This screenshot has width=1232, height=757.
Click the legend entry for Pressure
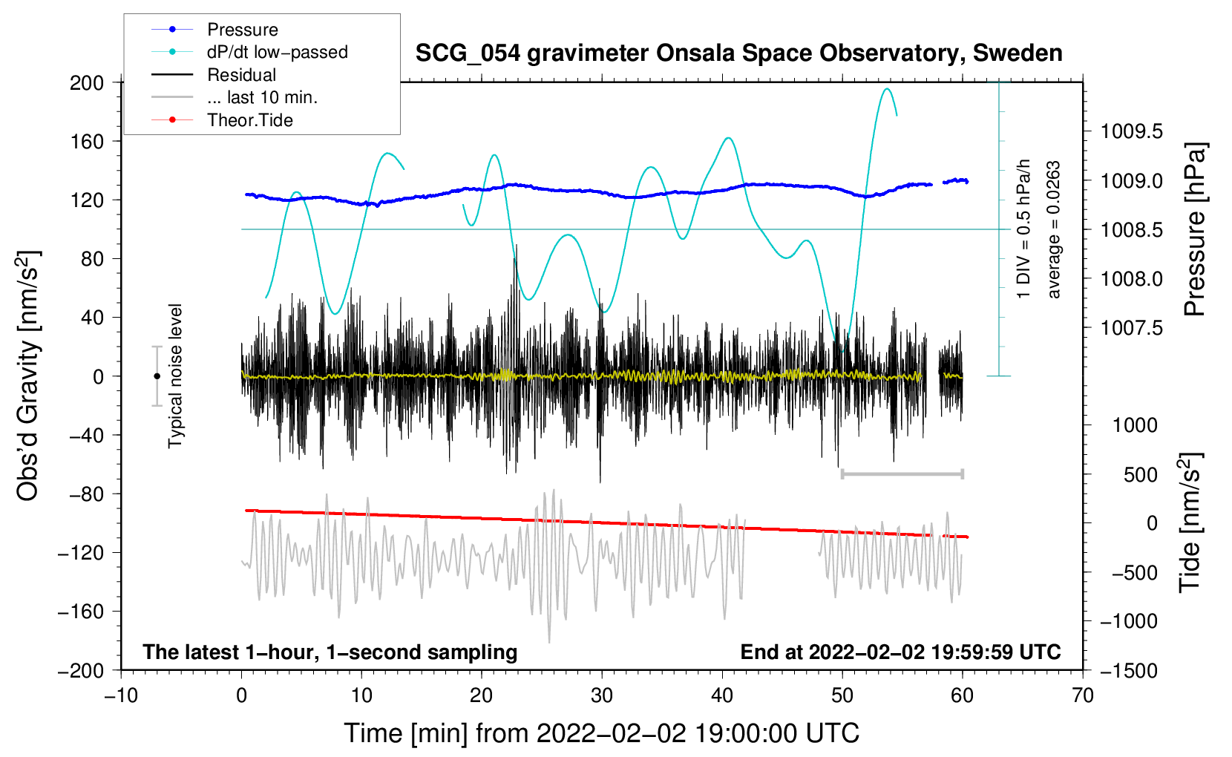click(x=214, y=29)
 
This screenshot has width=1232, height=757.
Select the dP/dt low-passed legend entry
click(x=249, y=52)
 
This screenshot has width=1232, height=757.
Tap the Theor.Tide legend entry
click(x=222, y=120)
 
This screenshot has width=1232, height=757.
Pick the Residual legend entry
click(x=214, y=75)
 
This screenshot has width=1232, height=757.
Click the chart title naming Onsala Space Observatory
click(x=738, y=53)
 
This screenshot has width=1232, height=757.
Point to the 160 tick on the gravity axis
click(x=86, y=142)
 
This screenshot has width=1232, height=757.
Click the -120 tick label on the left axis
click(x=80, y=552)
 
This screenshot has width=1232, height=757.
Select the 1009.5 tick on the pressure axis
click(x=1131, y=131)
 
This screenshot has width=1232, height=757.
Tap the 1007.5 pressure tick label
click(x=1131, y=328)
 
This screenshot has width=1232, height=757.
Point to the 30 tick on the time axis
click(x=602, y=696)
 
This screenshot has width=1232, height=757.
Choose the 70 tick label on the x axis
click(x=1082, y=696)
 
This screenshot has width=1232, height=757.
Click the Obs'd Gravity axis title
click(x=27, y=376)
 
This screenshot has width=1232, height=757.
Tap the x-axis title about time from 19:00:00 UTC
click(x=602, y=733)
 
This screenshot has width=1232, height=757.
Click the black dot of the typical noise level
click(x=157, y=376)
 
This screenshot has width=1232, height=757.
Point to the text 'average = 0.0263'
click(x=1052, y=229)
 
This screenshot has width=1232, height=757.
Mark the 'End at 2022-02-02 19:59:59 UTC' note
click(x=900, y=652)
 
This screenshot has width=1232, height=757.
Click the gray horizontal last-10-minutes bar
click(x=902, y=473)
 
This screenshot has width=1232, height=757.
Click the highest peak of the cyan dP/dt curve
click(x=887, y=88)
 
